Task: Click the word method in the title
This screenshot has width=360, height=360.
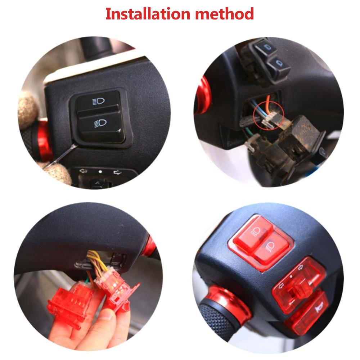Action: point(224,14)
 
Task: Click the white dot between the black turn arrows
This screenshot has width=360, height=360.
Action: point(100,172)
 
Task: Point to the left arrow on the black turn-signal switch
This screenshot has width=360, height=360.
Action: point(83,171)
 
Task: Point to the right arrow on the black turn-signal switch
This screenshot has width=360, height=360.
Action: point(117,172)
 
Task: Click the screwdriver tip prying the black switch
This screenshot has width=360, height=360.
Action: point(75,145)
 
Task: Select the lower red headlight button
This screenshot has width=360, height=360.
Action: point(271,249)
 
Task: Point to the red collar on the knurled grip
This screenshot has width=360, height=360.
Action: point(232,303)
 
